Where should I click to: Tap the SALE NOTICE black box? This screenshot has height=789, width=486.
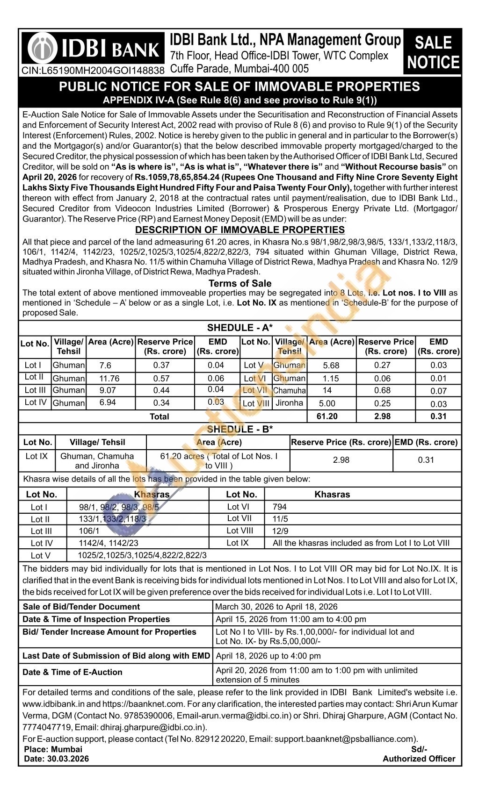(x=433, y=52)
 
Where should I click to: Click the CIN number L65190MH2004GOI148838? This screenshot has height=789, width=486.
(x=93, y=70)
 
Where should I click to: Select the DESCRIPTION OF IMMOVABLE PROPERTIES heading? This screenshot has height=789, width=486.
(x=239, y=230)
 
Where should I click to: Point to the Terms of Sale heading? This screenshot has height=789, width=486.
(x=239, y=283)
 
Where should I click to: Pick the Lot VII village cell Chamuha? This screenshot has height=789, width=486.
(x=290, y=391)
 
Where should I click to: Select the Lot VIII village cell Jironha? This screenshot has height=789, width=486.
(x=290, y=403)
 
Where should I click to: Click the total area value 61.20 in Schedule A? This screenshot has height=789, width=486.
(x=327, y=416)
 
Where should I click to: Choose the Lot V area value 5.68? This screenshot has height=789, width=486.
(x=331, y=365)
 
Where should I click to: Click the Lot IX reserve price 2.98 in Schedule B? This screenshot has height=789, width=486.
(x=341, y=460)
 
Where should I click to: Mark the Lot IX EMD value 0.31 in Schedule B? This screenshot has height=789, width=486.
(x=426, y=460)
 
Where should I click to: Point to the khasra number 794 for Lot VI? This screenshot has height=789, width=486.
(x=279, y=507)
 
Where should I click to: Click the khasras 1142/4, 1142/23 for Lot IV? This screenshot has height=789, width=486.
(x=109, y=543)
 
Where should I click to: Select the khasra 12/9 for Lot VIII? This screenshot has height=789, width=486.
(x=280, y=531)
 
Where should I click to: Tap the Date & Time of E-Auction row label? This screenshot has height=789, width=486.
(x=73, y=672)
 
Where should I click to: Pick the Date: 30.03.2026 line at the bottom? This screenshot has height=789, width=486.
(x=56, y=759)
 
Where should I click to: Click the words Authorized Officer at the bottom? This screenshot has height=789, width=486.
(x=419, y=759)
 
